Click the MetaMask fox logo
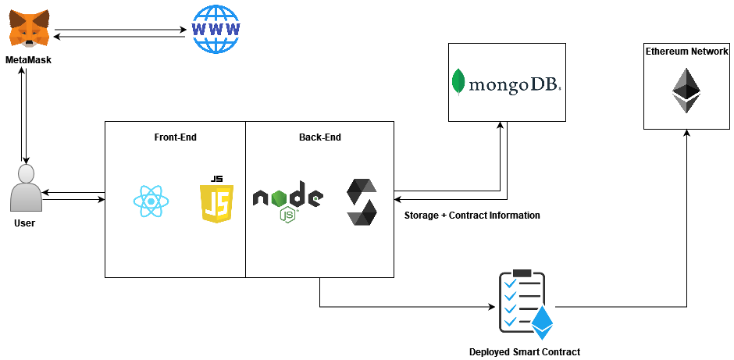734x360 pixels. [29, 28]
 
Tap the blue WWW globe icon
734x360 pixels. [216, 29]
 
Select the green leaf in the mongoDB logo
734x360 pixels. [458, 82]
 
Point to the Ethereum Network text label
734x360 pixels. [686, 52]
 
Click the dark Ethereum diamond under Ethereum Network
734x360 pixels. [686, 91]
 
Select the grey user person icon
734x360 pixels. [26, 188]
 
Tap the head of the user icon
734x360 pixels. [26, 173]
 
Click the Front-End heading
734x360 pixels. [175, 137]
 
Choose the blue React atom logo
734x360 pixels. [151, 201]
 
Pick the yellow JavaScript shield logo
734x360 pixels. [216, 204]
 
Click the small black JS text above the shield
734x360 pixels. [217, 179]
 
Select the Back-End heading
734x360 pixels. [319, 137]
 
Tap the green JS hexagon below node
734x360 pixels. [288, 214]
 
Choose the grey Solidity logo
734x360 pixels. [362, 201]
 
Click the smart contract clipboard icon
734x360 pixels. [524, 306]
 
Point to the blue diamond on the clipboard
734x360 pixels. [542, 320]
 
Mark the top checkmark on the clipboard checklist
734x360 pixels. [510, 283]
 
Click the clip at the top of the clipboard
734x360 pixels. [522, 273]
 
